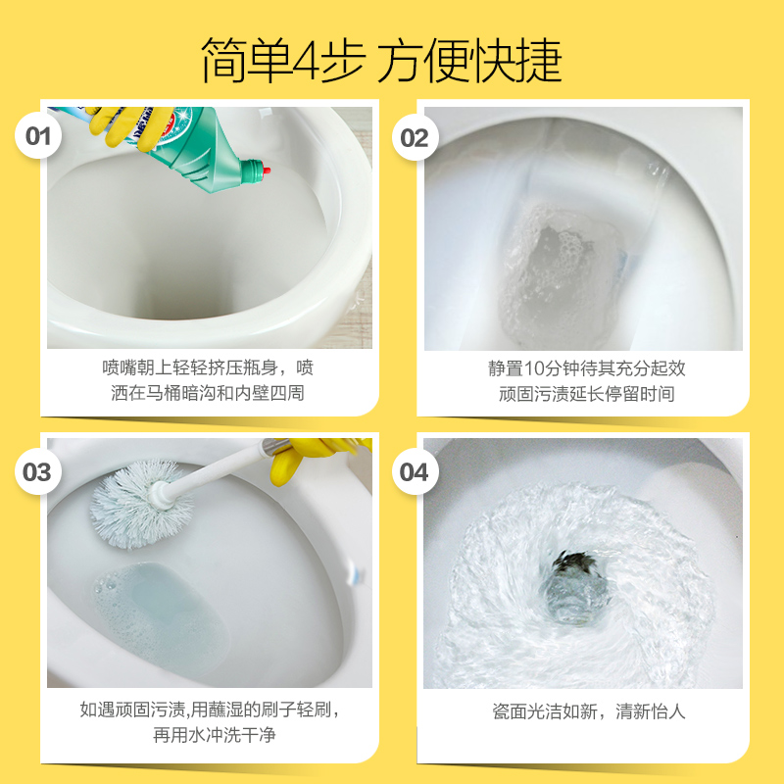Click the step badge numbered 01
pyautogui.click(x=37, y=137)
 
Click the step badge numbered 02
pyautogui.click(x=415, y=137)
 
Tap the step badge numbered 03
pyautogui.click(x=37, y=473)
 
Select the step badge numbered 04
pyautogui.click(x=415, y=473)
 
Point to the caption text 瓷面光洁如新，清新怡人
pyautogui.click(x=588, y=711)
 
